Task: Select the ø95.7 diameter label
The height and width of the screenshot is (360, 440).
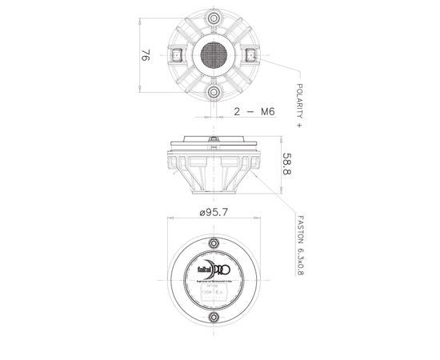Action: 214,214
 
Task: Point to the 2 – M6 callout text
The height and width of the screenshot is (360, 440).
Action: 254,113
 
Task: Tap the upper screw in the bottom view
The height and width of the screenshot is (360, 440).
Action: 214,243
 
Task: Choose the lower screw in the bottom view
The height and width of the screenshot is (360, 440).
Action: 214,318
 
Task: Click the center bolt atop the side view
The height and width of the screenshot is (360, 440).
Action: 214,141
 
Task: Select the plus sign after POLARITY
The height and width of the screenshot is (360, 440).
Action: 299,126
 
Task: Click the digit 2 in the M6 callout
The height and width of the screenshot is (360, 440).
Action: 238,113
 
